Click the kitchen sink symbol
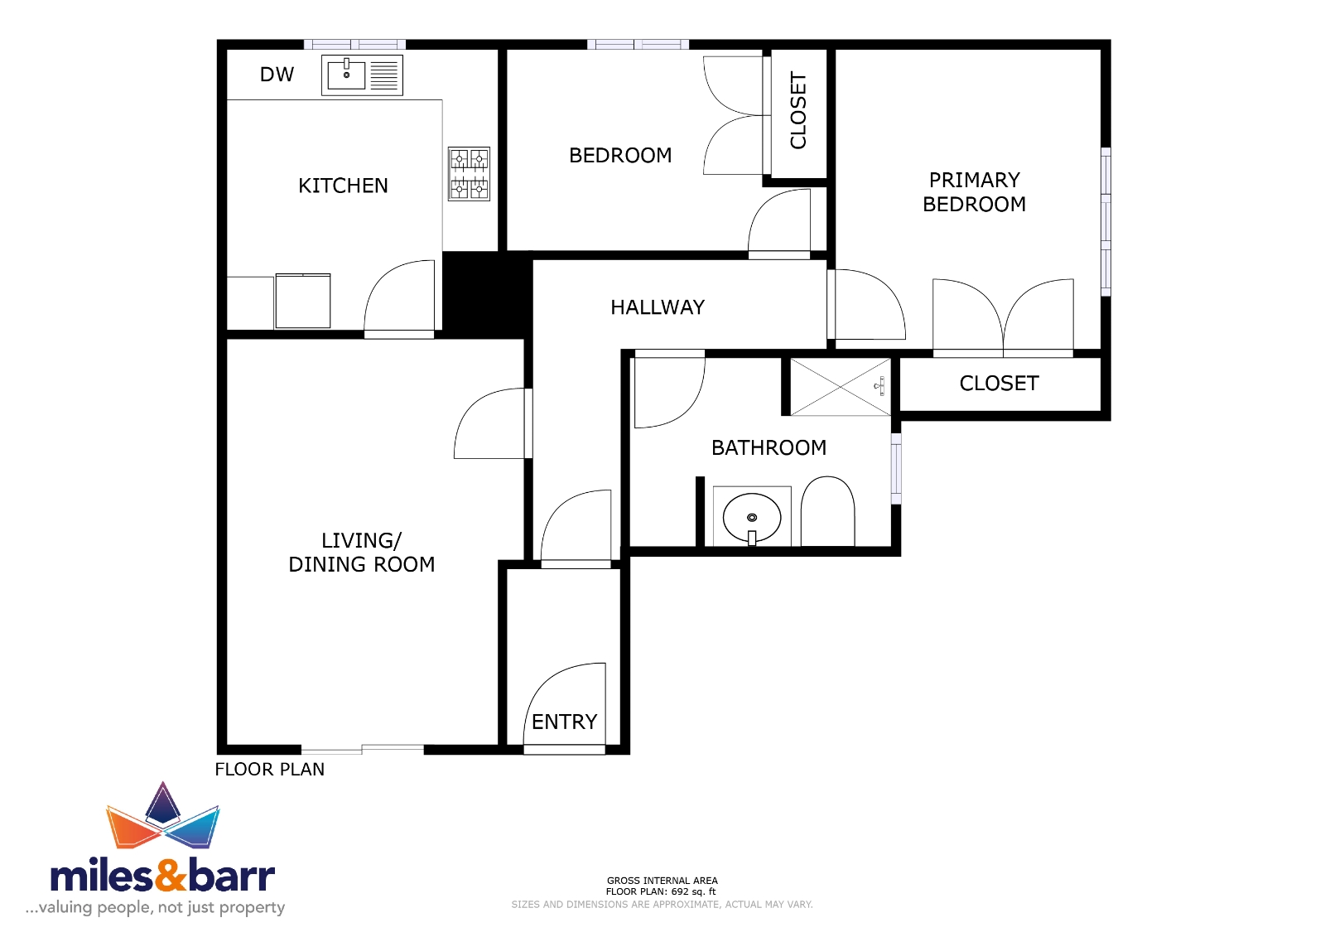tap(362, 75)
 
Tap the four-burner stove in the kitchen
tap(469, 174)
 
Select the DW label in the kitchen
tap(277, 75)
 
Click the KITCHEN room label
tap(343, 186)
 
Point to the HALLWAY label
tap(658, 307)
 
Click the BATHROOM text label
tap(769, 448)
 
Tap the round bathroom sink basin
tap(752, 518)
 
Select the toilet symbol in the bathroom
tap(827, 511)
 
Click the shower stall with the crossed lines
tap(841, 387)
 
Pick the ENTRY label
tap(564, 722)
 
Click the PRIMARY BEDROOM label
tap(974, 192)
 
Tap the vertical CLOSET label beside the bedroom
tap(798, 111)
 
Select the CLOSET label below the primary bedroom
tap(999, 384)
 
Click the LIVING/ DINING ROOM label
tap(361, 553)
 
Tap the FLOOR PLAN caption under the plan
tap(270, 770)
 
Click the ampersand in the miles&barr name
tap(171, 876)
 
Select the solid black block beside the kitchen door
tap(486, 295)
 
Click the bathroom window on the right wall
tap(896, 468)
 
